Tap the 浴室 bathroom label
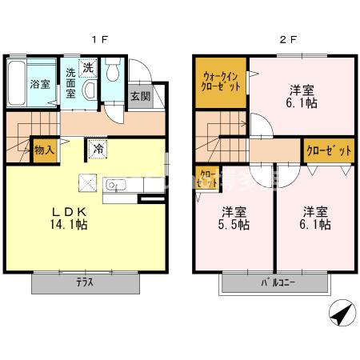(40, 83)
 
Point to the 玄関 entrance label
(139, 96)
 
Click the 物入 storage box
(43, 150)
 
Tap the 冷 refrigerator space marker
(96, 149)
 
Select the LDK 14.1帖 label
(69, 218)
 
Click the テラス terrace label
(86, 282)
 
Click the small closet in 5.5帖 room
(206, 178)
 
